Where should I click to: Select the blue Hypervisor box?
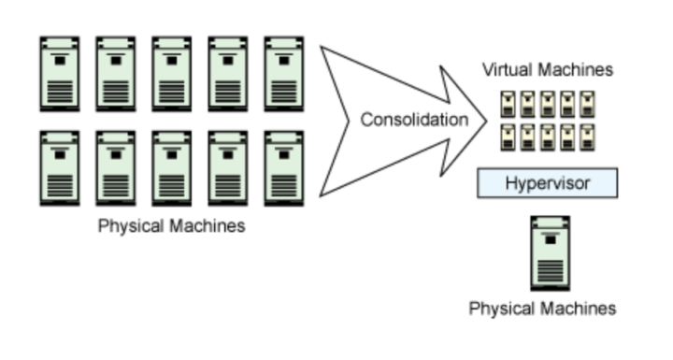pos(547,182)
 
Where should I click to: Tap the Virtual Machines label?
pos(547,70)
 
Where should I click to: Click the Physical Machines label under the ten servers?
pos(172,225)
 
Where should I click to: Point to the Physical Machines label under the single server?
pos(542,308)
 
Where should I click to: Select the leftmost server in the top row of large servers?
pos(60,74)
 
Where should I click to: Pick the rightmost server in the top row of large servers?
pos(284,74)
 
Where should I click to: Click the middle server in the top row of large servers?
pos(172,74)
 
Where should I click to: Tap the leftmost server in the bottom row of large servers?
pos(60,168)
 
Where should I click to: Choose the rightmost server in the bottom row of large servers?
pos(284,168)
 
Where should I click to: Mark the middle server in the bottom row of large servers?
pos(172,168)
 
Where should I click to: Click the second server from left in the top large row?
pos(116,74)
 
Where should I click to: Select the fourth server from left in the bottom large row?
pos(228,168)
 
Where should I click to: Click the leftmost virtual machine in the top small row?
pos(508,102)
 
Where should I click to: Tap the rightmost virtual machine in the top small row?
pos(587,102)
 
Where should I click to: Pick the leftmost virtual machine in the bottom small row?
pos(508,137)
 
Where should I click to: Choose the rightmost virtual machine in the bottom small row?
pos(587,137)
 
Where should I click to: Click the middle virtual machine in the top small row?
pos(548,102)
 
